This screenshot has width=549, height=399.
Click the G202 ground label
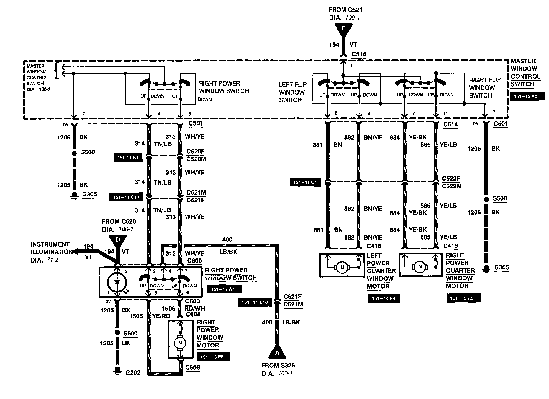pos(133,373)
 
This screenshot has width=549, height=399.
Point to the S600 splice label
pos(130,334)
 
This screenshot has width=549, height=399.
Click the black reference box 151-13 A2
pos(528,96)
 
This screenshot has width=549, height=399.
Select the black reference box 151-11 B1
pos(128,158)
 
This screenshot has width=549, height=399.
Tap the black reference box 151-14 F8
pos(384,298)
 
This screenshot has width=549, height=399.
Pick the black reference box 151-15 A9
pos(464,298)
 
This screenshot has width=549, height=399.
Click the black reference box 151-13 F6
pos(213,357)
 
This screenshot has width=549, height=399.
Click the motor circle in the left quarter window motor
pos(342,267)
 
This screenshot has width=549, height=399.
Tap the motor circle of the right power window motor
pos(180,343)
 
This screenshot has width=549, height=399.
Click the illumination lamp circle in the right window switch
pos(117,283)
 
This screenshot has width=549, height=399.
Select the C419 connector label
pos(450,246)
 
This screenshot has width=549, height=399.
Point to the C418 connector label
pos(374,246)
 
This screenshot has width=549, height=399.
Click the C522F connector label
pos(451,178)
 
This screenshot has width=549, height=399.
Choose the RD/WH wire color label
pos(195,308)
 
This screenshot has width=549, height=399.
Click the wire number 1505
pos(136,316)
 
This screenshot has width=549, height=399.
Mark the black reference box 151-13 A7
pos(224,289)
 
